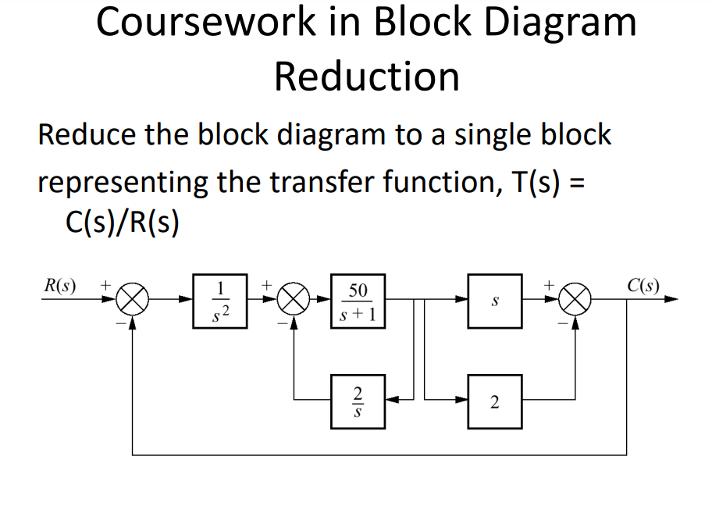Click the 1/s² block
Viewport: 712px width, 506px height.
click(x=220, y=301)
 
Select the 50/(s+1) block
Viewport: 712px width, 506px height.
click(x=358, y=301)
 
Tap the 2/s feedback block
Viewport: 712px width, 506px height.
click(x=358, y=401)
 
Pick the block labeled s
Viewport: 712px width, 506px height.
click(x=495, y=301)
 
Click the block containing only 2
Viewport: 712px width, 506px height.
click(x=495, y=401)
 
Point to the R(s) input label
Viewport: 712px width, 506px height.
click(x=60, y=285)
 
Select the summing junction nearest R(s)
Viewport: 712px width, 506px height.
click(x=133, y=301)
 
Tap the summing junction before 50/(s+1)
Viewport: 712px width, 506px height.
click(x=294, y=301)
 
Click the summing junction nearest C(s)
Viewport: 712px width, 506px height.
click(x=576, y=301)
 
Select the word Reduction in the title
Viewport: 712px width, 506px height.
click(x=366, y=77)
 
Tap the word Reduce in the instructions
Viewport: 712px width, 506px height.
click(x=85, y=134)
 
